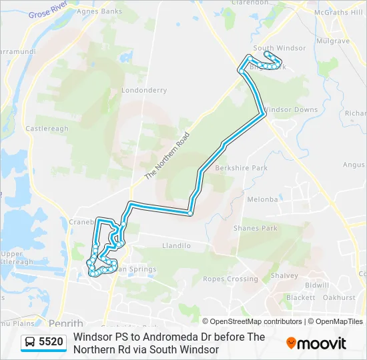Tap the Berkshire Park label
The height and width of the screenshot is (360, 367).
[x=241, y=168]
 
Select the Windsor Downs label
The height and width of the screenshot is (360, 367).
[x=291, y=109]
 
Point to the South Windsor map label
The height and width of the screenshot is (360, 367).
[x=280, y=48]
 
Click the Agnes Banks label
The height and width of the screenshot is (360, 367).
[x=99, y=11]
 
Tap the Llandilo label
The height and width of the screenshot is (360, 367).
[x=176, y=245]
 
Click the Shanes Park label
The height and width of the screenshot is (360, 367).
[x=255, y=229]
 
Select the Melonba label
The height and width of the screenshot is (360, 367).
[x=262, y=199]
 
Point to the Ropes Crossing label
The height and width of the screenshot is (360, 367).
[x=230, y=279]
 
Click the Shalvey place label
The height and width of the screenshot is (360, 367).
[x=284, y=275]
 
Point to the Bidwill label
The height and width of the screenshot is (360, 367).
[x=317, y=285]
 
